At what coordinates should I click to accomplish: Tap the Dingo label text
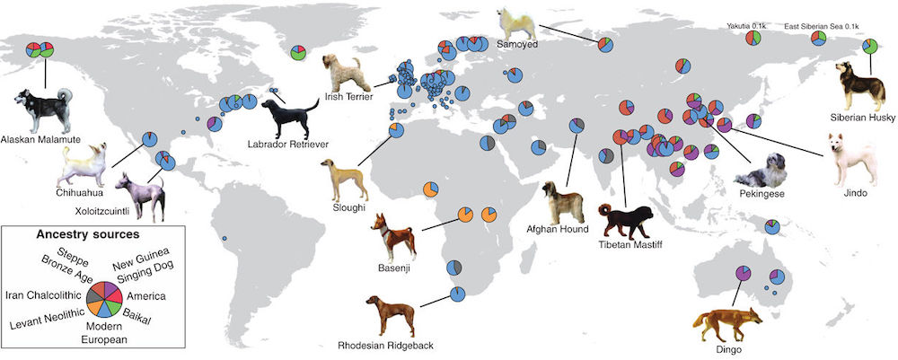pyautogui.click(x=728, y=349)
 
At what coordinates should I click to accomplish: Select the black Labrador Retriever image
pyautogui.click(x=290, y=118)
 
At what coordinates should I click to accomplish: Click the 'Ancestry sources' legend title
pyautogui.click(x=88, y=234)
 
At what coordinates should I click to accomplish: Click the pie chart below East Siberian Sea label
pyautogui.click(x=818, y=39)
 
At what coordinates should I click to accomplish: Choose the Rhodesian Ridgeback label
pyautogui.click(x=385, y=345)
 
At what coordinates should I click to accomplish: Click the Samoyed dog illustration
pyautogui.click(x=516, y=23)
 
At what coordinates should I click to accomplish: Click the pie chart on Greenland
pyautogui.click(x=298, y=52)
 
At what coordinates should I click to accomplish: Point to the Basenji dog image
pyautogui.click(x=393, y=237)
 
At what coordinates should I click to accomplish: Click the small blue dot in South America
pyautogui.click(x=224, y=238)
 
